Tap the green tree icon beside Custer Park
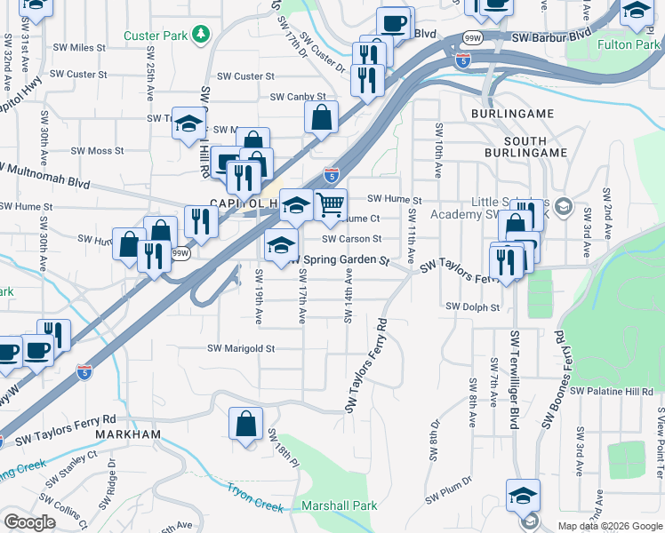point(203,35)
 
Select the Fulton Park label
point(629,44)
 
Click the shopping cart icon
point(330,205)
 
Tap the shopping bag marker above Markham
point(245,423)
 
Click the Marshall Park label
point(340,506)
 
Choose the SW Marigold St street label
point(241,349)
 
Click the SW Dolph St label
point(473,306)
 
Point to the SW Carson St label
point(351,239)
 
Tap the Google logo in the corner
point(30,522)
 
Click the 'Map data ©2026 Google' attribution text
point(609,526)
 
